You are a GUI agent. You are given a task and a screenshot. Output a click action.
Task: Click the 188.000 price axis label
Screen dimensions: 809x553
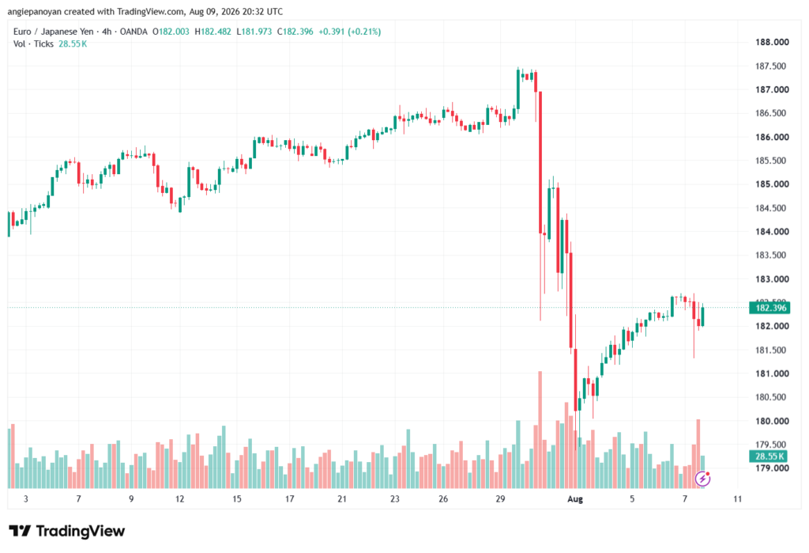772,42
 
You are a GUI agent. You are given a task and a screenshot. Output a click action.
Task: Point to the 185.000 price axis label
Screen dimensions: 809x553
772,184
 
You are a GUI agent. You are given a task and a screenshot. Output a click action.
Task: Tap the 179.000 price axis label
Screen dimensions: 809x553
772,468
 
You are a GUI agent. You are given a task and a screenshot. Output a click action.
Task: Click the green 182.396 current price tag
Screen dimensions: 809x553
769,308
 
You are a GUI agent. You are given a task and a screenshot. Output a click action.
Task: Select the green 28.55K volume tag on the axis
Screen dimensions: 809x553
769,456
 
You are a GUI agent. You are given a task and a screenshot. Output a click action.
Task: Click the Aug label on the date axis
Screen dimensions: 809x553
575,498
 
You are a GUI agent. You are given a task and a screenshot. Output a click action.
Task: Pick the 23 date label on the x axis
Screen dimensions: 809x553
395,498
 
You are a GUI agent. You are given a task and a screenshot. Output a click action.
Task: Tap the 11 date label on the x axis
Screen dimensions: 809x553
737,498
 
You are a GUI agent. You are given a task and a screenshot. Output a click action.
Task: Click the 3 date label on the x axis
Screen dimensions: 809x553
26,498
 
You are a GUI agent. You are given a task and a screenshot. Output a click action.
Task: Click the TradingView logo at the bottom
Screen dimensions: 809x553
67,531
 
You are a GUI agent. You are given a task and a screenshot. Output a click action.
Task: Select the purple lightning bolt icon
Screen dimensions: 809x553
702,479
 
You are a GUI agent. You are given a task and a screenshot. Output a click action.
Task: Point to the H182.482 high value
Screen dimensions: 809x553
213,32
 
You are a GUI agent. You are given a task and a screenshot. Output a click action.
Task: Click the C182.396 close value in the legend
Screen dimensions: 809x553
295,32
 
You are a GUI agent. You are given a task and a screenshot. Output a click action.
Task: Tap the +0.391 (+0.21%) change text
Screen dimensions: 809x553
350,32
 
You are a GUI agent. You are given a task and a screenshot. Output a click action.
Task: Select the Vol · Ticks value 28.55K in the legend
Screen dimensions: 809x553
73,44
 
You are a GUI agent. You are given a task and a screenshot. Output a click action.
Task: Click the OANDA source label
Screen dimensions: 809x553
134,32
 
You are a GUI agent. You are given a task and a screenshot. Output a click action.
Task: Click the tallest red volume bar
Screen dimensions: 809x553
540,430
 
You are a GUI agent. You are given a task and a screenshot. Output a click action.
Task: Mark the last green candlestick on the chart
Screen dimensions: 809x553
702,316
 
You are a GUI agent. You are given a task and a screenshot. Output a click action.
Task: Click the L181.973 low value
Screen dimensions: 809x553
254,32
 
